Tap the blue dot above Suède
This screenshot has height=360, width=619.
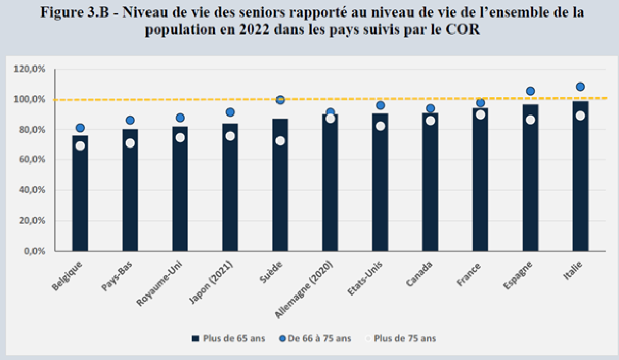pyautogui.click(x=280, y=100)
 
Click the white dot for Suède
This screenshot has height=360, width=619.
pyautogui.click(x=280, y=141)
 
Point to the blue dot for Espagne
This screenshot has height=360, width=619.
pyautogui.click(x=530, y=91)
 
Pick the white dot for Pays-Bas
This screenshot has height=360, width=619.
pyautogui.click(x=130, y=143)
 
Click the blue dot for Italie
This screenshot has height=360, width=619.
pyautogui.click(x=580, y=87)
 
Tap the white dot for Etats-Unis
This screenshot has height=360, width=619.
pyautogui.click(x=380, y=126)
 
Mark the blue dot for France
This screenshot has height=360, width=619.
pyautogui.click(x=480, y=103)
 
